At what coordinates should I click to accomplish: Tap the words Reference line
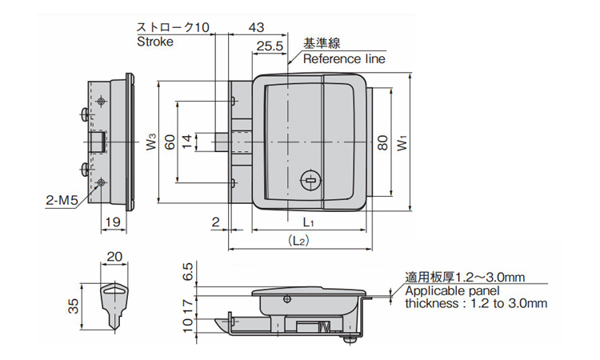pyautogui.click(x=343, y=59)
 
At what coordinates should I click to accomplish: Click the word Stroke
pyautogui.click(x=154, y=42)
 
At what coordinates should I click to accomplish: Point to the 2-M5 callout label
pyautogui.click(x=61, y=202)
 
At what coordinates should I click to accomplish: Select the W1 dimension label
pyautogui.click(x=402, y=142)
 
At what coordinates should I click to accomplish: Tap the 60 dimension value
pyautogui.click(x=169, y=142)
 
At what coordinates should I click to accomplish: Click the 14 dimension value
pyautogui.click(x=186, y=142)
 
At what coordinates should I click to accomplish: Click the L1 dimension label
pyautogui.click(x=309, y=222)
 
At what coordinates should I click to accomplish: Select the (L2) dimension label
pyautogui.click(x=298, y=240)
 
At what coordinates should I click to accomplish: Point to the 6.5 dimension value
pyautogui.click(x=188, y=271)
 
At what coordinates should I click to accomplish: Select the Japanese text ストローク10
pyautogui.click(x=172, y=26)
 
